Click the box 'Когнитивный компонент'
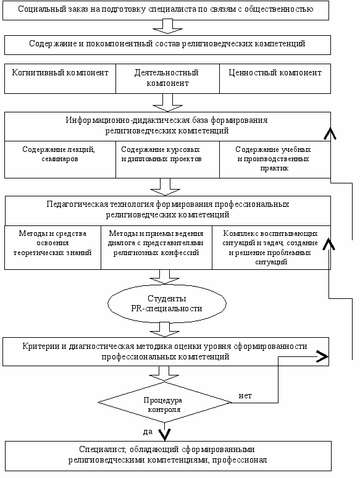click(60, 78)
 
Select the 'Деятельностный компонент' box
click(168, 78)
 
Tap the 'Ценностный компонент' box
click(275, 78)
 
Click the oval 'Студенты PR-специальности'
click(167, 303)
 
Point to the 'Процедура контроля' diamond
click(164, 403)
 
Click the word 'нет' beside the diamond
click(245, 396)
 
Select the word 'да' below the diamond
click(148, 432)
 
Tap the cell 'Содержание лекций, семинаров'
click(60, 159)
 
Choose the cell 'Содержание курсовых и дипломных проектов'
click(168, 159)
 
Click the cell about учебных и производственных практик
click(275, 159)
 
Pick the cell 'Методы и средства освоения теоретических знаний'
click(52, 248)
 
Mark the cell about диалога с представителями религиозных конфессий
click(156, 248)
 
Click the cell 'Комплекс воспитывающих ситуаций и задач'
click(271, 248)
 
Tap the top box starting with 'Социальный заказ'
click(166, 10)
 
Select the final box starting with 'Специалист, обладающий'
click(168, 456)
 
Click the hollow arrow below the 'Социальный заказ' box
click(167, 27)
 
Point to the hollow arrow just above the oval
click(165, 277)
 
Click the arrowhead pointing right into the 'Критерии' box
click(322, 356)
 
